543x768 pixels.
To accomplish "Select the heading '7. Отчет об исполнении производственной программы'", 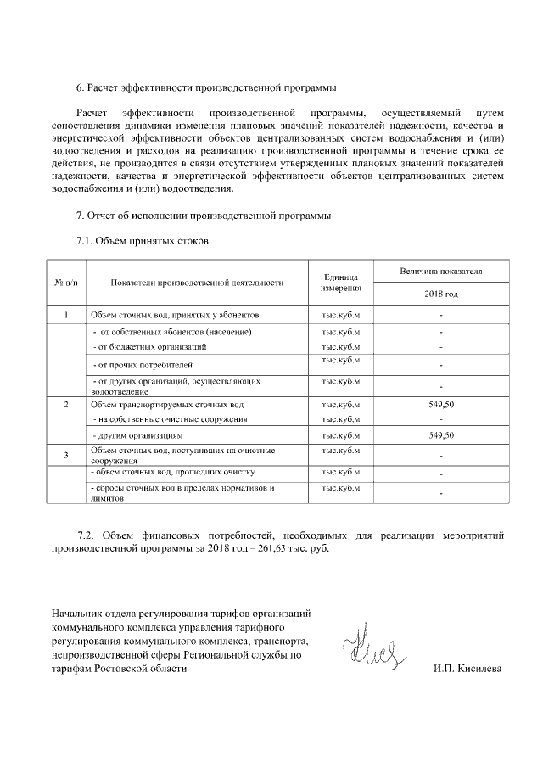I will (x=204, y=216).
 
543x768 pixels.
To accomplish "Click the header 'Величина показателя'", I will (x=441, y=271).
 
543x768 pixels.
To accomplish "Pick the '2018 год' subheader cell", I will (x=441, y=294).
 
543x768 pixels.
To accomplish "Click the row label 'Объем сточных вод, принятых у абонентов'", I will (x=169, y=315).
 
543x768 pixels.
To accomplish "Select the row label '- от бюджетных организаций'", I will (x=149, y=346).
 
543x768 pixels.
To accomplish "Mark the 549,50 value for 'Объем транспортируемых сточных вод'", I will (x=441, y=405).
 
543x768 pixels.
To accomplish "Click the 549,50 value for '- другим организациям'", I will (x=441, y=434).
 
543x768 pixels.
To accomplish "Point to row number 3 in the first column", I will (x=66, y=456).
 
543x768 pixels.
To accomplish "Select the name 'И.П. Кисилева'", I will (x=467, y=669).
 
